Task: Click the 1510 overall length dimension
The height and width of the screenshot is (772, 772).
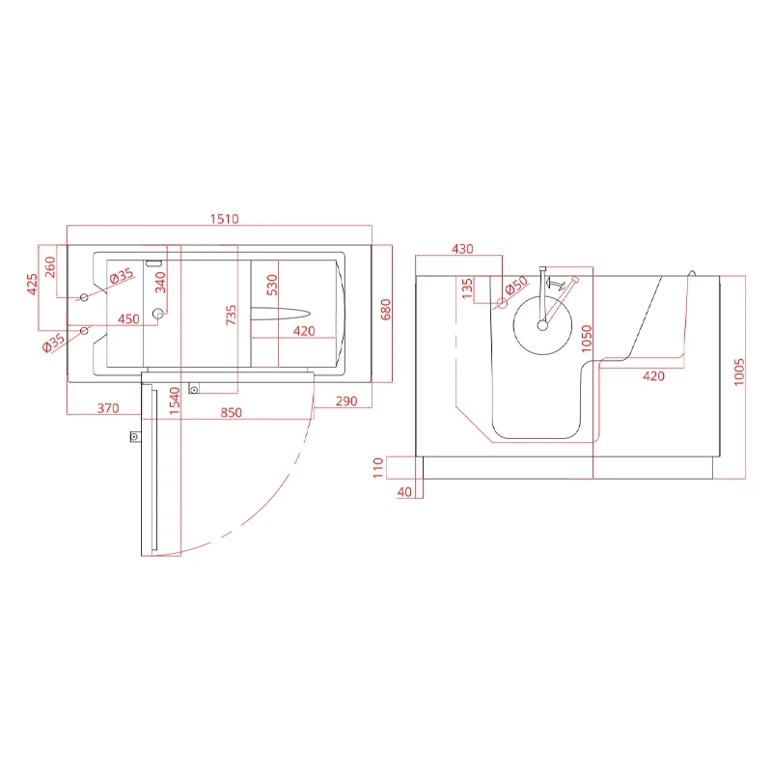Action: coord(225,219)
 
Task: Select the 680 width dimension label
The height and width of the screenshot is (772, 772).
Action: coord(386,309)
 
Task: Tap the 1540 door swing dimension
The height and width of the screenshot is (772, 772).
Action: coord(175,400)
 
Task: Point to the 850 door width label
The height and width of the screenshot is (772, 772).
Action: coord(231,412)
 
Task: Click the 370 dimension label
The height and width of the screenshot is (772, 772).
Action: coord(108,408)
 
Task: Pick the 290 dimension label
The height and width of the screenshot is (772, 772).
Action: coord(346,401)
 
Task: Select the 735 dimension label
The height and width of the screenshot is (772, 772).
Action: coord(231,316)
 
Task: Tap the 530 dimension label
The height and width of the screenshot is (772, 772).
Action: coord(272,285)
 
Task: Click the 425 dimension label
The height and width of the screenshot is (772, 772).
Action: coord(32,285)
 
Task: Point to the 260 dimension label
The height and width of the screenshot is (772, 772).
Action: coord(50,267)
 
